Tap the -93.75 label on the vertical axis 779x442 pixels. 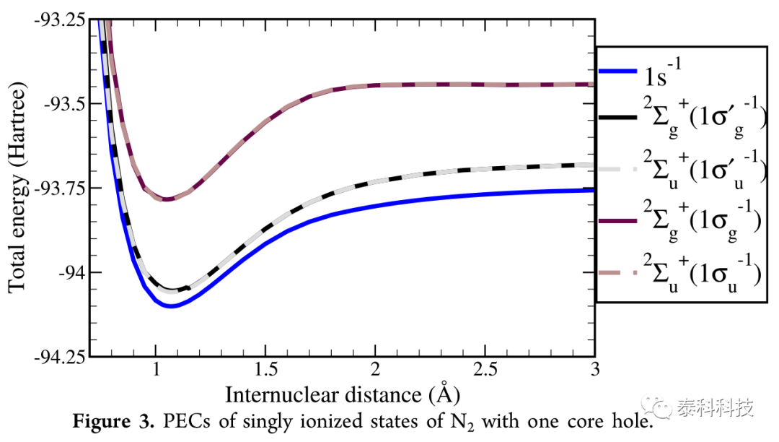click(61, 188)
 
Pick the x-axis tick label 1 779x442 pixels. click(156, 369)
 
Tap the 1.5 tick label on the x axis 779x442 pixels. click(265, 369)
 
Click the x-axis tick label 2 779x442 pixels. click(376, 369)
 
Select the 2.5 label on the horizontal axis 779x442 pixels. click(485, 369)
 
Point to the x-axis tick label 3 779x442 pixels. click(594, 369)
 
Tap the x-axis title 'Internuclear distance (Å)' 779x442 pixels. click(343, 394)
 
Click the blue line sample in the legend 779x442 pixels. click(617, 71)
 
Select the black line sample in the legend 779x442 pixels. click(617, 117)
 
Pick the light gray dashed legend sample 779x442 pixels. click(617, 170)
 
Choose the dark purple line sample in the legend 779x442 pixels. click(617, 220)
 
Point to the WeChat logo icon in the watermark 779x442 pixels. click(656, 407)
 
